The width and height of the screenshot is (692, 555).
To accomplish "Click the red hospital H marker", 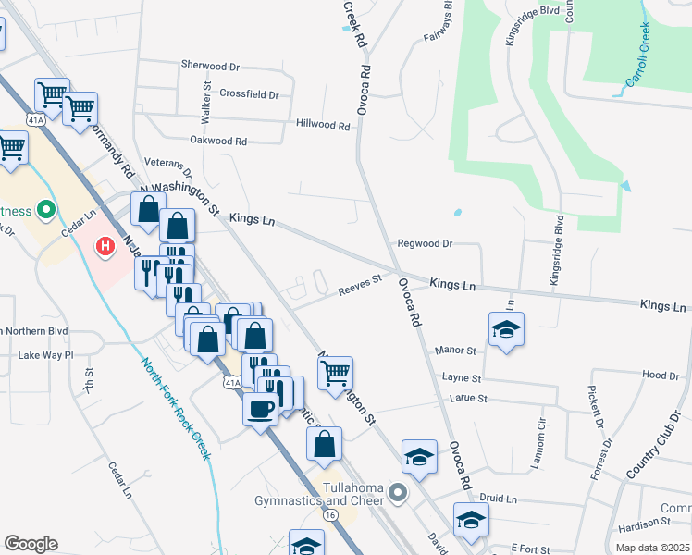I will (105, 246).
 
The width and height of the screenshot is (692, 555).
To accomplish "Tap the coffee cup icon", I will (260, 407).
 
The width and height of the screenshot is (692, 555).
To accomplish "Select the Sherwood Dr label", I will (210, 67).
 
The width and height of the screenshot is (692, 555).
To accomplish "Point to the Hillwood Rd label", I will (323, 124).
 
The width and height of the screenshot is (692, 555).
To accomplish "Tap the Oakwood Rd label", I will (218, 142).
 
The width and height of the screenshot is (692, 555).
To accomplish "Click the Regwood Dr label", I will (424, 243).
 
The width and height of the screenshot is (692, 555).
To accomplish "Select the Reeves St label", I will (360, 282).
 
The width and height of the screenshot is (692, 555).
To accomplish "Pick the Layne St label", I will (462, 378).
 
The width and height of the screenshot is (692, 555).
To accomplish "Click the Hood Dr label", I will (661, 376).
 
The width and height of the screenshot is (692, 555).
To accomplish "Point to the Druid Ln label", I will (499, 499).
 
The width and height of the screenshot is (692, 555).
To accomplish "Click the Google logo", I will (30, 544).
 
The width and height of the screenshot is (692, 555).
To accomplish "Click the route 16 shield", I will (330, 513).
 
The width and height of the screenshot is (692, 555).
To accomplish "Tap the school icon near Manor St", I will (506, 330).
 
